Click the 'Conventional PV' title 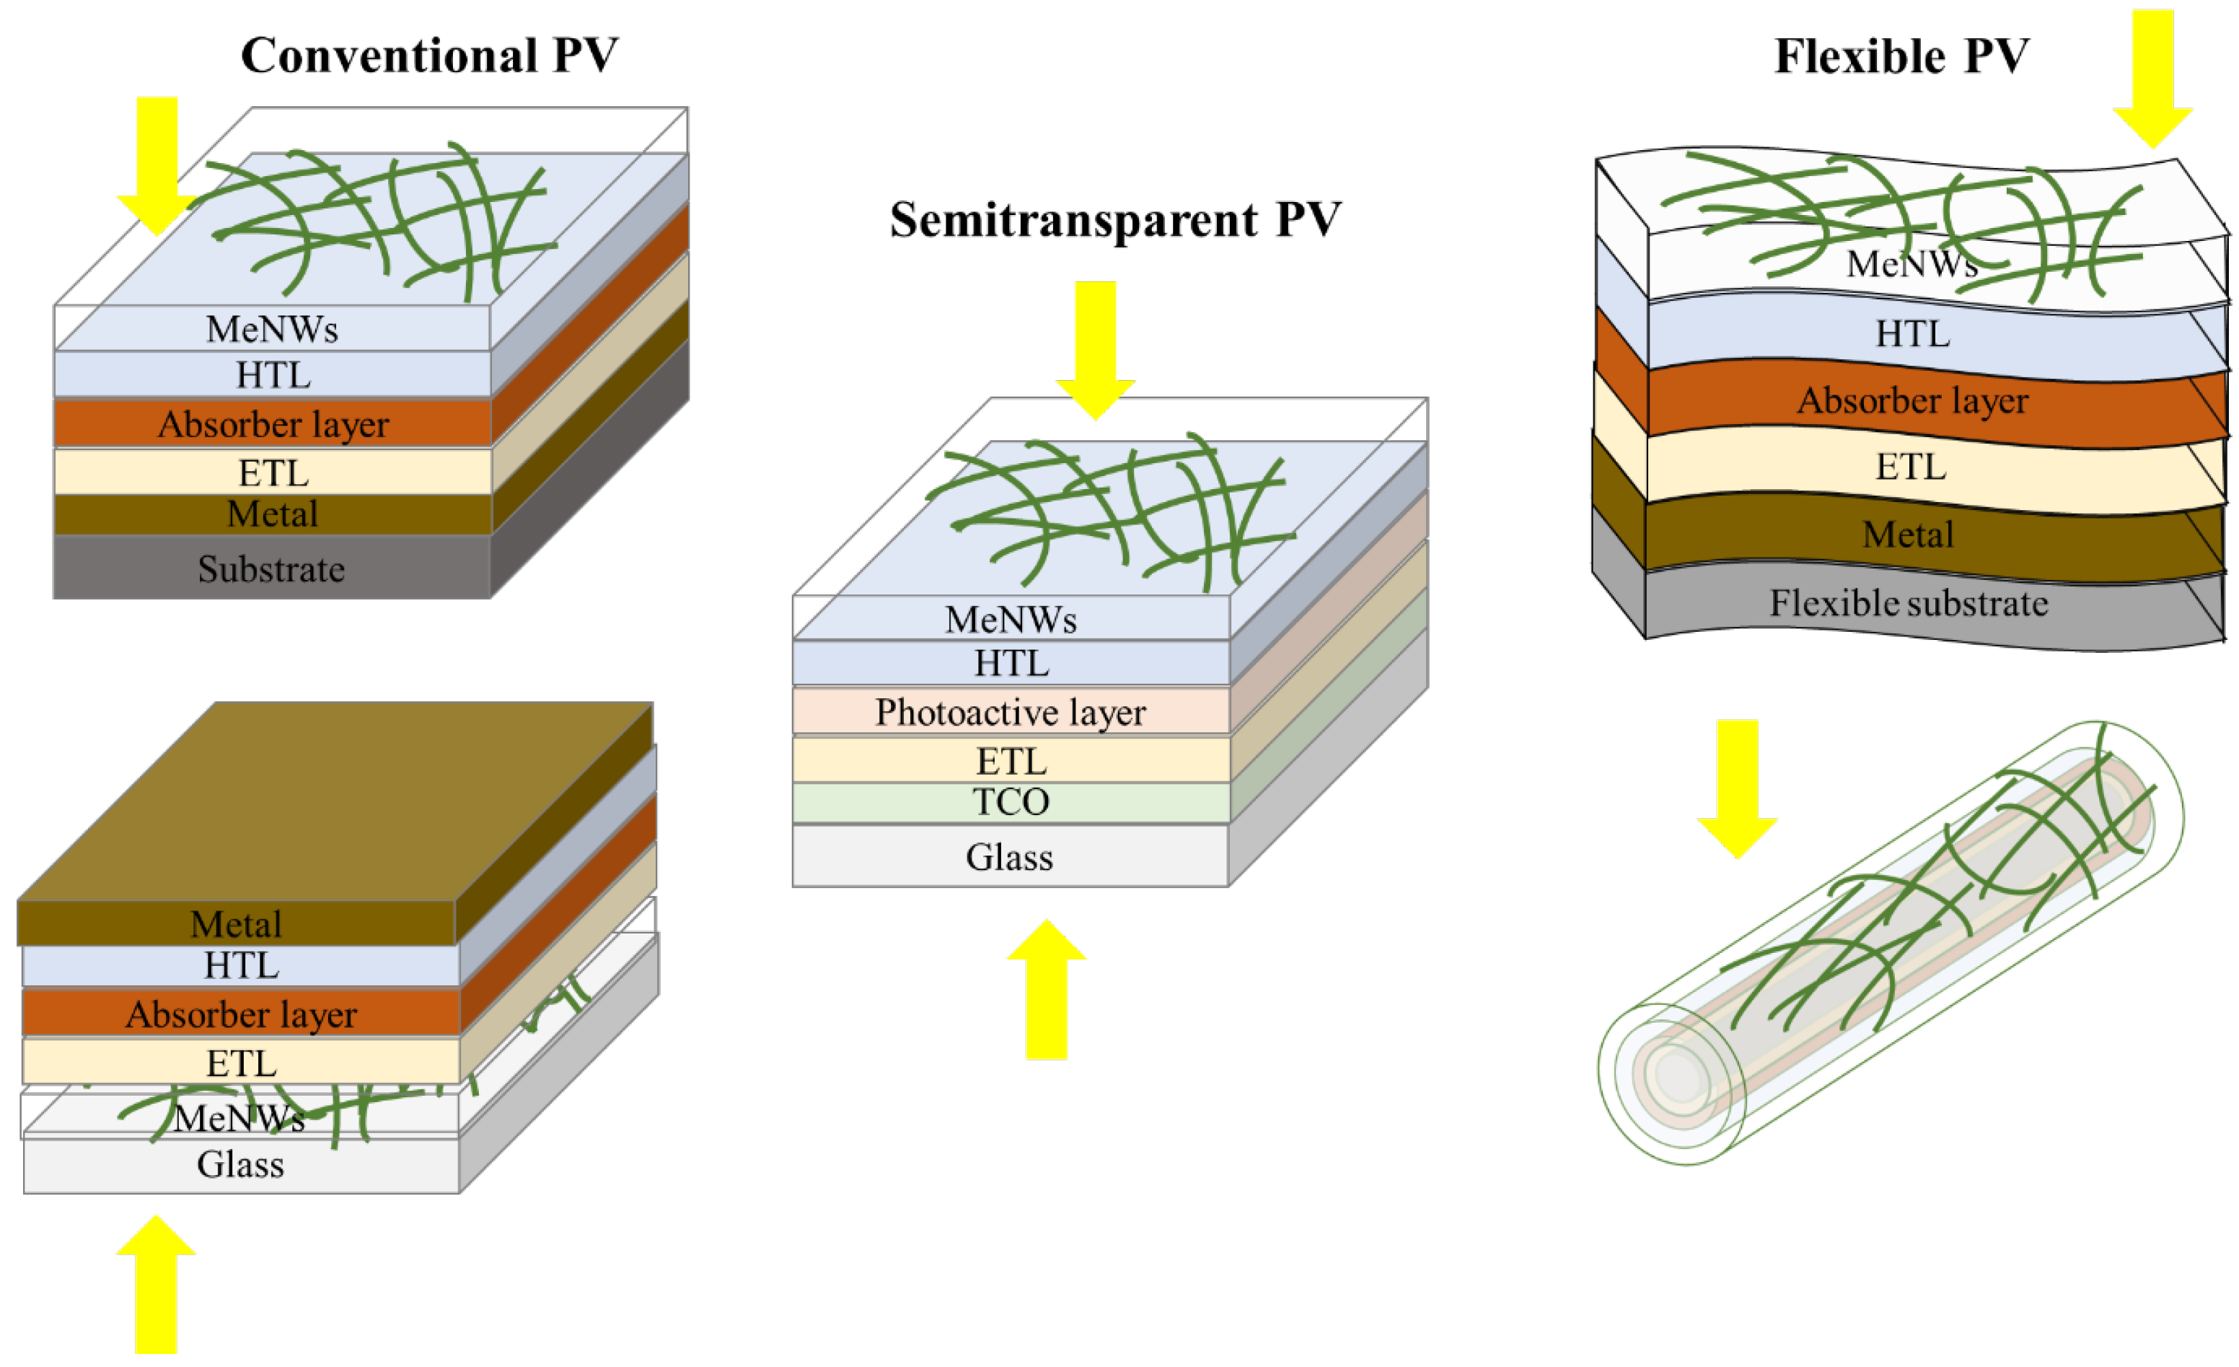point(429,56)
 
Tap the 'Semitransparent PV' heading point(1115,221)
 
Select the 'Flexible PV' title point(1901,56)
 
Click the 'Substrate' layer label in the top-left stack point(272,570)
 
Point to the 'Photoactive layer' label point(1011,713)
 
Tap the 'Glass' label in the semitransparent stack point(1010,858)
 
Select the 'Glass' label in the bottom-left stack point(241,1165)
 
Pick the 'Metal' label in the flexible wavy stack point(1908,535)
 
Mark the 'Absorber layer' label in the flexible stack point(1913,402)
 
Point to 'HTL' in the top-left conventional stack point(273,375)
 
